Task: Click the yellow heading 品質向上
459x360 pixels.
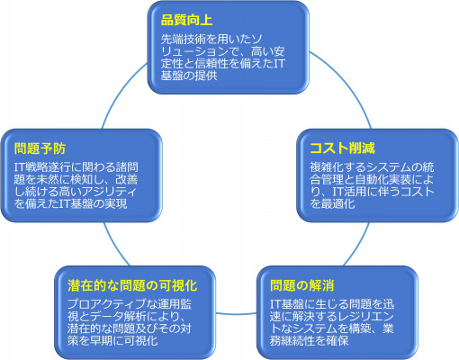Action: click(x=186, y=21)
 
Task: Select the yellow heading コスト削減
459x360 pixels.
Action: click(x=342, y=148)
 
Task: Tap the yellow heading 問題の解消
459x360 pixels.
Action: click(x=302, y=285)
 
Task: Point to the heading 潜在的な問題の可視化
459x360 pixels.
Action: click(x=132, y=285)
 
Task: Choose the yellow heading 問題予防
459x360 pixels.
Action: click(x=40, y=148)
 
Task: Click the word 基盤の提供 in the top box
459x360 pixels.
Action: click(x=189, y=76)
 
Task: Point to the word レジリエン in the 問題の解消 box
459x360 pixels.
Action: click(x=365, y=317)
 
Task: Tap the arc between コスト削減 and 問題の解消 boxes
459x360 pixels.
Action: click(x=357, y=245)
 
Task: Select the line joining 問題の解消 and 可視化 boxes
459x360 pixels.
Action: click(x=236, y=314)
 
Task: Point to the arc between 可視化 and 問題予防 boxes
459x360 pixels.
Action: click(x=115, y=245)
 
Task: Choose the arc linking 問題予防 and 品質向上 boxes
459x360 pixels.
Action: click(x=121, y=93)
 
